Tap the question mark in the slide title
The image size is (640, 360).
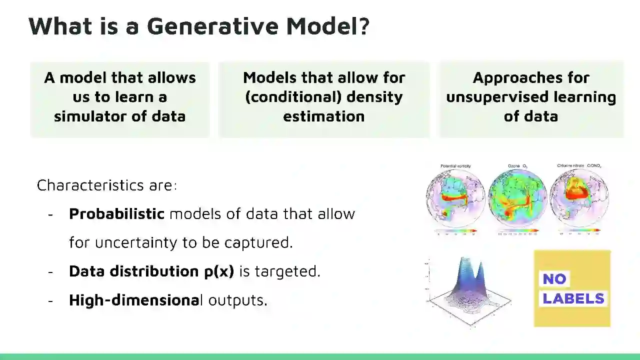click(364, 26)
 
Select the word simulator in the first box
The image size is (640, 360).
click(88, 116)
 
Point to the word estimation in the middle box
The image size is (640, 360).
click(324, 116)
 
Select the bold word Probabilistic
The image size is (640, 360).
click(116, 214)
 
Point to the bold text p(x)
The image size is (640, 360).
click(219, 271)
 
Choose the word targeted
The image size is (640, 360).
click(287, 271)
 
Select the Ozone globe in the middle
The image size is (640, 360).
click(517, 199)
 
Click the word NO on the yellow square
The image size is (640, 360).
click(554, 279)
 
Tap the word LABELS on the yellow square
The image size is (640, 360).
click(573, 298)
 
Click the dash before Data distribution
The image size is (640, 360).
click(50, 271)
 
